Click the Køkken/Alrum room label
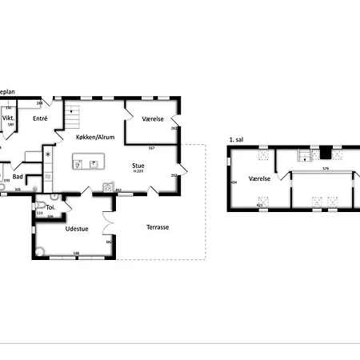pyautogui.click(x=95, y=138)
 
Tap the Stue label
pyautogui.click(x=138, y=166)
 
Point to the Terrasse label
pyautogui.click(x=158, y=227)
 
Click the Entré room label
pyautogui.click(x=41, y=118)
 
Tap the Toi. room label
pyautogui.click(x=50, y=206)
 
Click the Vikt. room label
pyautogui.click(x=10, y=117)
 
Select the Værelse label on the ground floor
pyautogui.click(x=153, y=118)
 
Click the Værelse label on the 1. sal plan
pyautogui.click(x=259, y=179)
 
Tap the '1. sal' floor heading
pyautogui.click(x=236, y=140)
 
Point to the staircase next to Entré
pyautogui.click(x=73, y=118)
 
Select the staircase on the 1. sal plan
pyautogui.click(x=303, y=154)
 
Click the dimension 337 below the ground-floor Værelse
pyautogui.click(x=151, y=147)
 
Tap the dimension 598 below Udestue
pyautogui.click(x=77, y=254)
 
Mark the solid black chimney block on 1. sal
pyautogui.click(x=325, y=152)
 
